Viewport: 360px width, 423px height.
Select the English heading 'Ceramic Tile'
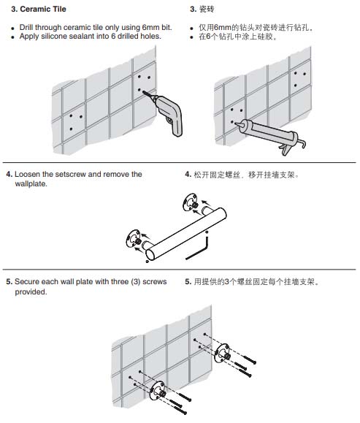pyautogui.click(x=43, y=9)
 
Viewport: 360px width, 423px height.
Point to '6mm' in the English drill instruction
pyautogui.click(x=150, y=28)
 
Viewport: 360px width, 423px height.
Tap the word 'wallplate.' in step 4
pyautogui.click(x=31, y=184)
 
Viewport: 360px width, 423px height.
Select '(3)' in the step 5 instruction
pyautogui.click(x=136, y=282)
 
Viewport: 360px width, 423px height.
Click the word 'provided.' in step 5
pyautogui.click(x=31, y=292)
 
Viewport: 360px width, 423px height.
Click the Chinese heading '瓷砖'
pyautogui.click(x=207, y=9)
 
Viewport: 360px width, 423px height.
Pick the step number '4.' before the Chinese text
pyautogui.click(x=188, y=175)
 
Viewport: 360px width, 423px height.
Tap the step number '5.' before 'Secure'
pyautogui.click(x=9, y=282)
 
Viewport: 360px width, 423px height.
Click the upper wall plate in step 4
pyautogui.click(x=190, y=202)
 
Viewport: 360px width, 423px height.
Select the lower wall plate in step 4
pyautogui.click(x=134, y=238)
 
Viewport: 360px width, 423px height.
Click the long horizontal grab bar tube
pyautogui.click(x=186, y=234)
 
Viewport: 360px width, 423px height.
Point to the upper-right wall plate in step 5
pyautogui.click(x=223, y=354)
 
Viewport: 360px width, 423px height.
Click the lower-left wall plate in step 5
pyautogui.click(x=157, y=390)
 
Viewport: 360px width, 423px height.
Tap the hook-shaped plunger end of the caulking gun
pyautogui.click(x=302, y=142)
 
